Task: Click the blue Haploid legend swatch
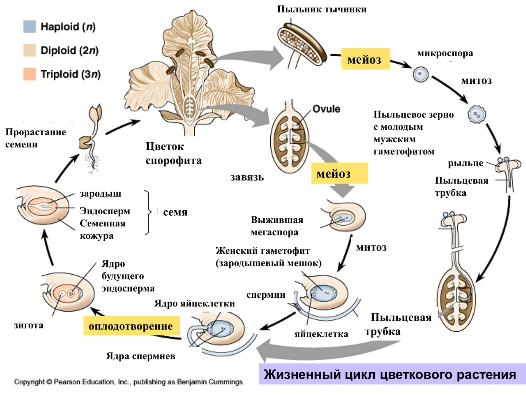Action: (30, 27)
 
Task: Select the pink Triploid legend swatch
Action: (30, 74)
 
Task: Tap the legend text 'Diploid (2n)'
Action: (69, 50)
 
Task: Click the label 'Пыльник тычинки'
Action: (322, 9)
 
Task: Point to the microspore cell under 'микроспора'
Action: (420, 74)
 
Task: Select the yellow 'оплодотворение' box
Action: (131, 326)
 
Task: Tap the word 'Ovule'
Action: (326, 109)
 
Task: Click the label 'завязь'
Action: (247, 177)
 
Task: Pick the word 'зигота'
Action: (28, 325)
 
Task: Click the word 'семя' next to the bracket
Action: (175, 212)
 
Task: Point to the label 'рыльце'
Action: (465, 163)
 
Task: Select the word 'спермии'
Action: (266, 295)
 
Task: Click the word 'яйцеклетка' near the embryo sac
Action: (321, 334)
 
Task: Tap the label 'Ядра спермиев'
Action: (141, 356)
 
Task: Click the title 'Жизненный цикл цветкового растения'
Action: (390, 375)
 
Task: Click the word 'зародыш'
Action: (100, 193)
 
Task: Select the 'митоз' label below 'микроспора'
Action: (476, 81)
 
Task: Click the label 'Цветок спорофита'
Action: (174, 154)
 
